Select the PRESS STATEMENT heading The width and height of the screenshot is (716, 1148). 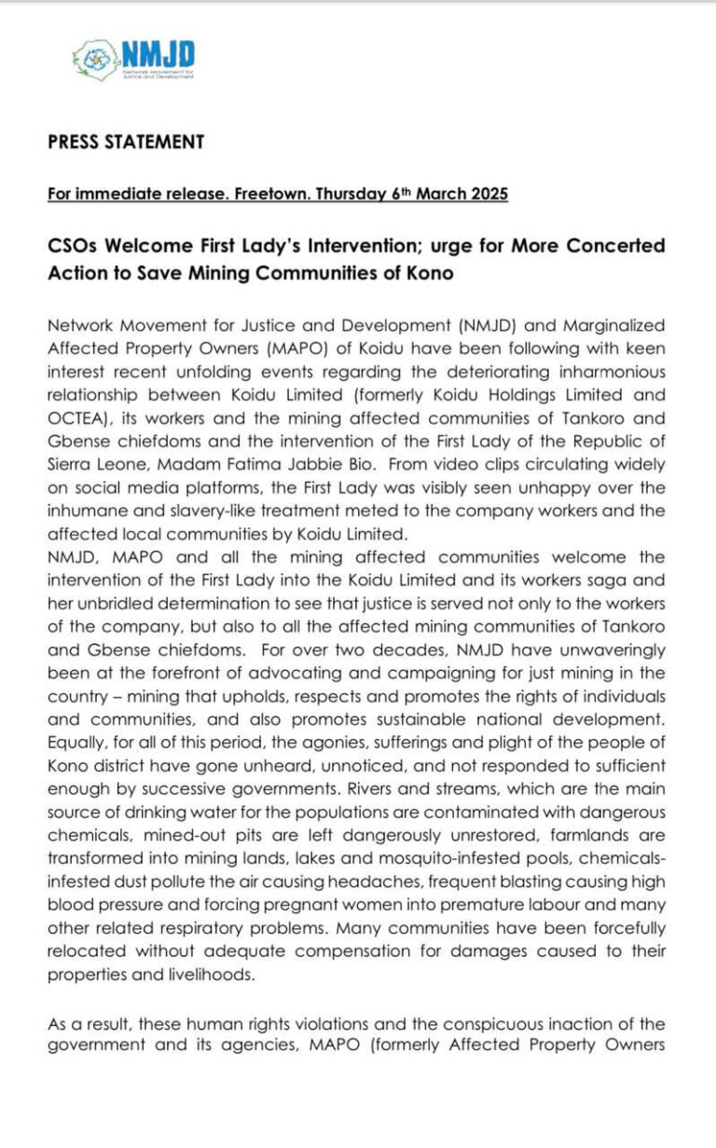(126, 143)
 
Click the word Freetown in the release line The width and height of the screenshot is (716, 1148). (278, 195)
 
